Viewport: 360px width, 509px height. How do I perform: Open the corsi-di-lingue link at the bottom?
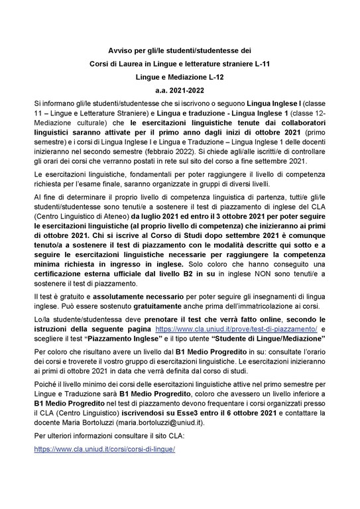[x=104, y=449]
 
